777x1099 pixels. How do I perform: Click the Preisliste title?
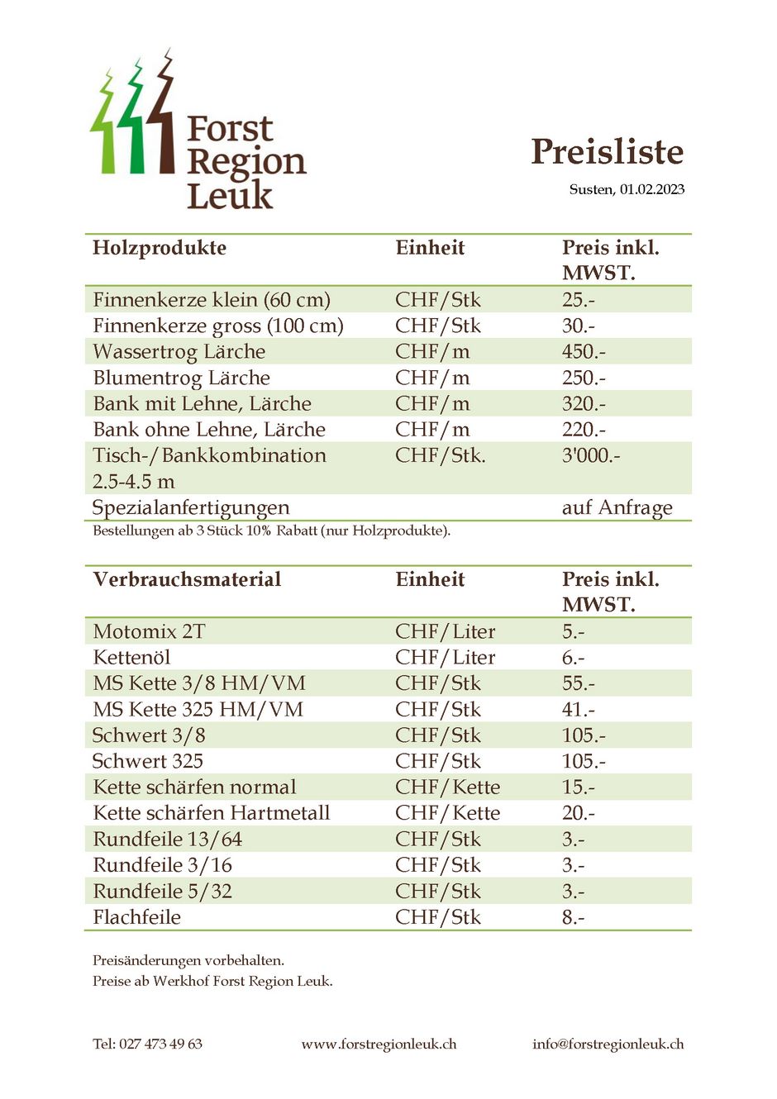tap(607, 152)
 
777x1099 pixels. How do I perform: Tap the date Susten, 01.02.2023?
tap(627, 189)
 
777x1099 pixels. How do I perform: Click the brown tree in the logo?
tap(163, 116)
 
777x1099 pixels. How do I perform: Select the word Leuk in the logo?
tap(229, 196)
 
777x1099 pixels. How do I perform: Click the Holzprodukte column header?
tap(160, 248)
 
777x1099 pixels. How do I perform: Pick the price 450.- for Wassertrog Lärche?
tap(583, 352)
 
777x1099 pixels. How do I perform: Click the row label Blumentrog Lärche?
tap(181, 378)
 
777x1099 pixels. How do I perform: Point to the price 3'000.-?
tap(590, 455)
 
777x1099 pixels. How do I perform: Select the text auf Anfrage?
tap(617, 507)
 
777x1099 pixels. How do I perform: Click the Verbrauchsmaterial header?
tap(187, 579)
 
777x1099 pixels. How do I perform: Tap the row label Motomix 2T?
tap(149, 632)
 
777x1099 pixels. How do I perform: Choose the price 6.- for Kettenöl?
tap(573, 658)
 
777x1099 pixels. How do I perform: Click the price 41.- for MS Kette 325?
tap(578, 710)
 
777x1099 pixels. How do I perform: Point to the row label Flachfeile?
tap(136, 917)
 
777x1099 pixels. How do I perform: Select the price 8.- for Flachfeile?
tap(573, 917)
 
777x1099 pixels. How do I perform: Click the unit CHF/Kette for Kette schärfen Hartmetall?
tap(447, 813)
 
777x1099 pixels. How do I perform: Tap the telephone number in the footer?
tap(147, 1044)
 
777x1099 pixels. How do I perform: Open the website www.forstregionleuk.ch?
tap(379, 1044)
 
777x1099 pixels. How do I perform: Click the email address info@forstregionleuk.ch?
tap(608, 1044)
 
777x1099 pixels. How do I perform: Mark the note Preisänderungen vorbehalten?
tap(188, 960)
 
